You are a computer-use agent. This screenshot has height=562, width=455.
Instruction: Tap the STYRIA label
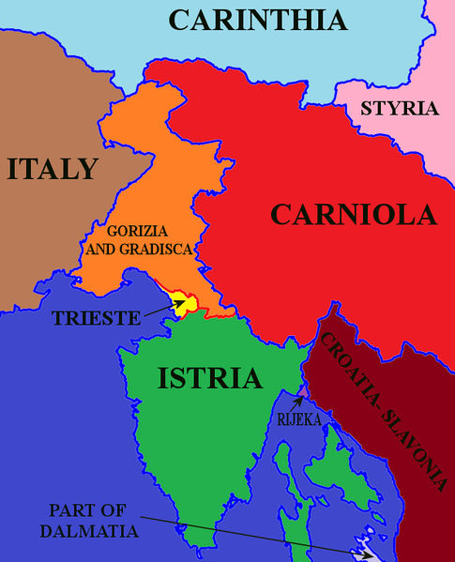pos(400,109)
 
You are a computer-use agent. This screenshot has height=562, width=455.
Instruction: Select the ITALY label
pos(53,169)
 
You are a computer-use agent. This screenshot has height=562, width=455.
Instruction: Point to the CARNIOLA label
pos(354,215)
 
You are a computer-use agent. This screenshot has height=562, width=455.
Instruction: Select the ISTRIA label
pos(209,379)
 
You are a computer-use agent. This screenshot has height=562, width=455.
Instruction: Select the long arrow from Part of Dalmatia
pos(253,532)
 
